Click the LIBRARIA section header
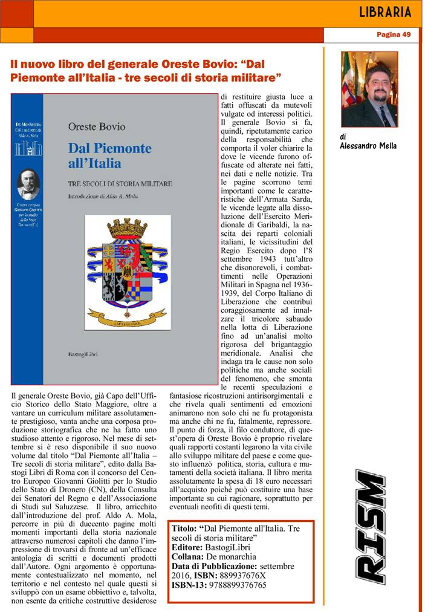point(384,12)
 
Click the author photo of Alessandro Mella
point(369,89)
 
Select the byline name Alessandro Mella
point(368,146)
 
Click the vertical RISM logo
point(370,527)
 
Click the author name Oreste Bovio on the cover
point(96,126)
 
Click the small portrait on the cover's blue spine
point(28,183)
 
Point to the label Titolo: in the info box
point(184,527)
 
